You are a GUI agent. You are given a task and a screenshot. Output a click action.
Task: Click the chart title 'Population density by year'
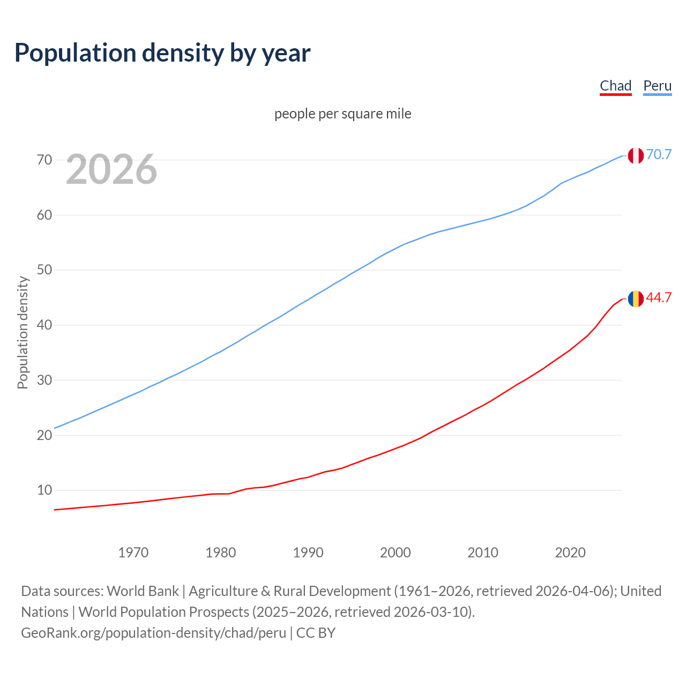click(x=162, y=53)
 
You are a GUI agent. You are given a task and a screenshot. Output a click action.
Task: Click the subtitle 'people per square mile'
click(x=343, y=114)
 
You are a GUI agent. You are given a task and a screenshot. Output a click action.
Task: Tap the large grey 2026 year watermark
click(x=111, y=169)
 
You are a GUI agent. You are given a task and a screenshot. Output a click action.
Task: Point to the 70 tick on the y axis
click(x=44, y=160)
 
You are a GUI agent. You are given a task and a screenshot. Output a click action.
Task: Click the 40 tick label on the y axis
click(x=44, y=325)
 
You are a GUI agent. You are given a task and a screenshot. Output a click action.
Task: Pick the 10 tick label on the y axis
click(x=44, y=490)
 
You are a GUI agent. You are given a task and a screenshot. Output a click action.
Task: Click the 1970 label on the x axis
click(x=133, y=553)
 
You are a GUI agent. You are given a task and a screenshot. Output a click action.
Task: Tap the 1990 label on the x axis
click(x=308, y=553)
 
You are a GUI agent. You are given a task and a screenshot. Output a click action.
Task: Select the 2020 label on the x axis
click(x=570, y=553)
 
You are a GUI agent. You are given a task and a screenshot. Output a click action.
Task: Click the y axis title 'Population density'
click(x=23, y=332)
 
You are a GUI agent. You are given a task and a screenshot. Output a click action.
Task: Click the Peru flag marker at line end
click(x=636, y=155)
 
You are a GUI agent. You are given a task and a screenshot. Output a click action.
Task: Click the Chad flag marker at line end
click(x=636, y=299)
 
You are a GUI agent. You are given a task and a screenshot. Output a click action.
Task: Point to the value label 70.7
click(x=659, y=154)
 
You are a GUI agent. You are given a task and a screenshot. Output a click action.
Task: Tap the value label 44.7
click(x=659, y=298)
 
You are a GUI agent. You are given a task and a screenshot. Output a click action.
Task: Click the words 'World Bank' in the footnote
click(x=143, y=591)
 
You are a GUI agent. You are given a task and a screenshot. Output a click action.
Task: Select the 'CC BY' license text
click(x=316, y=633)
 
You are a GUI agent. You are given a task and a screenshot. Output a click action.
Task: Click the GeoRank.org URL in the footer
click(x=153, y=633)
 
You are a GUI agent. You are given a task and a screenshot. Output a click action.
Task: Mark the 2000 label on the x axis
click(x=396, y=553)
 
